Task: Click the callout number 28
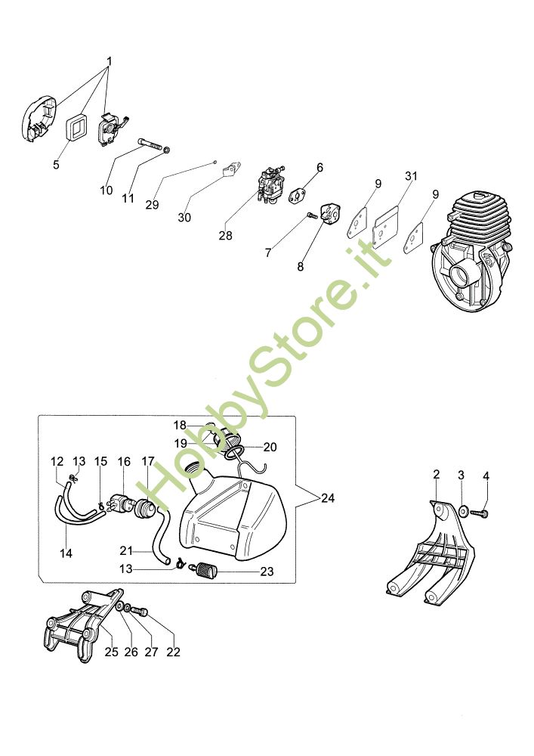tap(225, 236)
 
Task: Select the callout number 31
tap(411, 176)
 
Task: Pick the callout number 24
tap(327, 498)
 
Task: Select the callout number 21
tap(126, 550)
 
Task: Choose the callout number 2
tap(436, 474)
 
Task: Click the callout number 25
tap(111, 652)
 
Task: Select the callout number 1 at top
tap(109, 60)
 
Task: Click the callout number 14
tap(66, 553)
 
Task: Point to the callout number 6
tap(319, 167)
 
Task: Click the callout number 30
tap(184, 218)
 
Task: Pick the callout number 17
tap(148, 461)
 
